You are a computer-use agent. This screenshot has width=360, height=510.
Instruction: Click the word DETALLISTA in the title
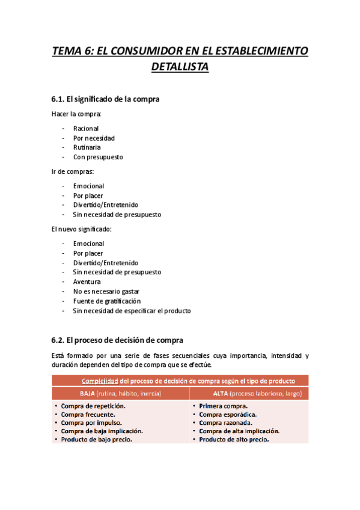click(180, 67)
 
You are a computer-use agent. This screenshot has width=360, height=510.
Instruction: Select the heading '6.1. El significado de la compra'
click(106, 99)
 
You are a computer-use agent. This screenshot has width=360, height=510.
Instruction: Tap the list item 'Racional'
click(86, 129)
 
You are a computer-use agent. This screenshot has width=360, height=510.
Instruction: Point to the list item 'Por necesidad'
click(94, 138)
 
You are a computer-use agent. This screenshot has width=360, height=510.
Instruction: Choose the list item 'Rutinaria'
click(87, 147)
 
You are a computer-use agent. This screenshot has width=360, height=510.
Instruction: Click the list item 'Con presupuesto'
click(98, 157)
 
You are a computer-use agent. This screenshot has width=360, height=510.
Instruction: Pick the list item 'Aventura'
click(87, 281)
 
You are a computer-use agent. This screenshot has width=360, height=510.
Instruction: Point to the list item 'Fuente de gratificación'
click(107, 301)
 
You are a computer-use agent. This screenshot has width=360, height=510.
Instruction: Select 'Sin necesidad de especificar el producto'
click(132, 311)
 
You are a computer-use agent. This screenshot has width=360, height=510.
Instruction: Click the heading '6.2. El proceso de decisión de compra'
click(118, 340)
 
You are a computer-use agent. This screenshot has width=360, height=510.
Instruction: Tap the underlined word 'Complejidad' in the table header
click(100, 381)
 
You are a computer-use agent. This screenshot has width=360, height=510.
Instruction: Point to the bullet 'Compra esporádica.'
click(228, 414)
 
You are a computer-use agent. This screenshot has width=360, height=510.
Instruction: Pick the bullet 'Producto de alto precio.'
click(234, 439)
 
